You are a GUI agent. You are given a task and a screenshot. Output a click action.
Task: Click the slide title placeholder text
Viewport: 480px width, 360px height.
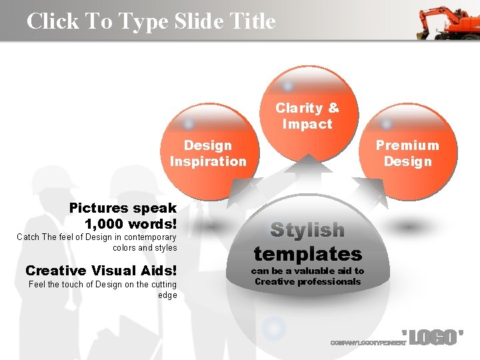pos(151,21)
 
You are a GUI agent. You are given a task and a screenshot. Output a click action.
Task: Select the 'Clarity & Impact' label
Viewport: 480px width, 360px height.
pos(307,116)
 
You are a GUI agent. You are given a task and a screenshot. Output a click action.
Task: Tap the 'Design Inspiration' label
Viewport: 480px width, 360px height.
pos(208,153)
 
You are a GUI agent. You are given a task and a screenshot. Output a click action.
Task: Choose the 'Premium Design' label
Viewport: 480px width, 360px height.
pos(407,153)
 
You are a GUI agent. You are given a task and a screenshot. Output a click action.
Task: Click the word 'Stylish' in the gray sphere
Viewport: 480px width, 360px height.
pos(307,230)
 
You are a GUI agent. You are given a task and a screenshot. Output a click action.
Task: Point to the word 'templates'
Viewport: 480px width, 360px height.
pos(307,254)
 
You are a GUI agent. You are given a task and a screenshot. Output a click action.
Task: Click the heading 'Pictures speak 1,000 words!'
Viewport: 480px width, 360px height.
pos(123,215)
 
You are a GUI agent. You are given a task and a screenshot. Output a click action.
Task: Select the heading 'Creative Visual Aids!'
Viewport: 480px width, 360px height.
pos(101,270)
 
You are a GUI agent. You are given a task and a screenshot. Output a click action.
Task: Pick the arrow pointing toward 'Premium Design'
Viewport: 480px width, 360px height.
pos(370,190)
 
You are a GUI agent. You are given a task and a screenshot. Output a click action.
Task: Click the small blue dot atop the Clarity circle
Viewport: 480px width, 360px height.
pos(288,86)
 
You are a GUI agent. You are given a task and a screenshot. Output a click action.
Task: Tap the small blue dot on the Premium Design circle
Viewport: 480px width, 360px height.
pos(386,125)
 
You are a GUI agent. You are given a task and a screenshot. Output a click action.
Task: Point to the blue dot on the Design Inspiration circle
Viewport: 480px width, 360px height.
pos(189,124)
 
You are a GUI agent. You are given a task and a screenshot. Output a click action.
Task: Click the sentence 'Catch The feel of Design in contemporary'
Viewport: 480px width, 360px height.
pos(97,237)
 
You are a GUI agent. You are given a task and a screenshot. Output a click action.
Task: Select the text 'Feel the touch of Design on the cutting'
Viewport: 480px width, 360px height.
pos(103,285)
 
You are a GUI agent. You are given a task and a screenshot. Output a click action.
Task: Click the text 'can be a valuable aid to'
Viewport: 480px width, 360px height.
pos(307,271)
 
